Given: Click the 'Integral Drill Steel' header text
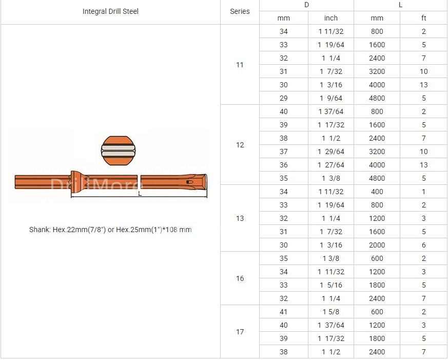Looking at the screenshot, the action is (x=110, y=11).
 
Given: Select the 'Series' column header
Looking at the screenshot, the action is (x=240, y=11).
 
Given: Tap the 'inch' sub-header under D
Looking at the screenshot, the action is (x=331, y=18).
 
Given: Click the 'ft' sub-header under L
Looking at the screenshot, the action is (x=424, y=18).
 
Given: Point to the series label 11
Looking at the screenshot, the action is (x=240, y=65).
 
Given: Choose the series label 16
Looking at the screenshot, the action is (x=240, y=278).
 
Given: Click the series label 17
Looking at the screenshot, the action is (x=240, y=332).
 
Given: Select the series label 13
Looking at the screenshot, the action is (x=240, y=218).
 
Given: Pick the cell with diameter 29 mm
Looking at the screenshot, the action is (x=283, y=98).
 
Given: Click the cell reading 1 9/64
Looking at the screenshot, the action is (x=331, y=98).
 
